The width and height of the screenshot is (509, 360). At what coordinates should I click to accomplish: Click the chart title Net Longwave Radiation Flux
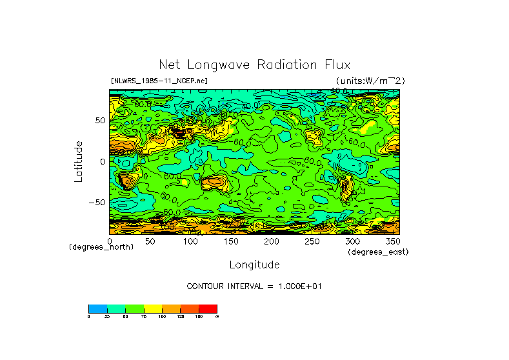pos(254,65)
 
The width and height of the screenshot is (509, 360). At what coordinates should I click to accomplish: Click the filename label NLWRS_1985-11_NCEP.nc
pos(159,81)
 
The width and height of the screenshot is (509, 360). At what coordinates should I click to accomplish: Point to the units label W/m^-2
pos(370,81)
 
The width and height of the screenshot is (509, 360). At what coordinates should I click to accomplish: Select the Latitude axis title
pos(78,161)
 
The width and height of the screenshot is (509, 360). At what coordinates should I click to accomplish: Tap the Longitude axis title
pos(254,265)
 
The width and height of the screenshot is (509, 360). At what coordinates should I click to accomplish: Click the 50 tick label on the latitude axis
pos(99,121)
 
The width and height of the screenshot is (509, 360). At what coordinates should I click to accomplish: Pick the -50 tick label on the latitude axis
pos(97,202)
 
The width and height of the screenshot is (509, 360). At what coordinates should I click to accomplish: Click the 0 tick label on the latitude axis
pos(102,161)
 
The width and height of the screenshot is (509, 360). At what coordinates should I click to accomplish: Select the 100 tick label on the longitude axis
pos(190,241)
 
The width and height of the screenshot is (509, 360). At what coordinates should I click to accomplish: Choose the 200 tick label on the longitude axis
pos(271,241)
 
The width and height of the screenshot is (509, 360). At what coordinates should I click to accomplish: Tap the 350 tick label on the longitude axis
pos(392,241)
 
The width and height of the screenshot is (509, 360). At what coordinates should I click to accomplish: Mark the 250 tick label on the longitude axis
pos(312,241)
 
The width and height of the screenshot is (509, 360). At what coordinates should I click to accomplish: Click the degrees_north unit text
pos(101,247)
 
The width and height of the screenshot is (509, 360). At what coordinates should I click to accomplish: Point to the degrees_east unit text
pos(378,252)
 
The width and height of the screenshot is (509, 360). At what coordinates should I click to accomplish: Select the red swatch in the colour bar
pos(208,308)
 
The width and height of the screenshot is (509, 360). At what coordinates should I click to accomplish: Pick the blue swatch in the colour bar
pos(97,308)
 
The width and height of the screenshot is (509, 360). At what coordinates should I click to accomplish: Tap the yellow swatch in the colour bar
pos(153,308)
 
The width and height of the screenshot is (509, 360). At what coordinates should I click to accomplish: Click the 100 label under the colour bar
pos(162,317)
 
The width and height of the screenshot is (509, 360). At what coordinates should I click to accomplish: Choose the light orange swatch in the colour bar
pos(171,308)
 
